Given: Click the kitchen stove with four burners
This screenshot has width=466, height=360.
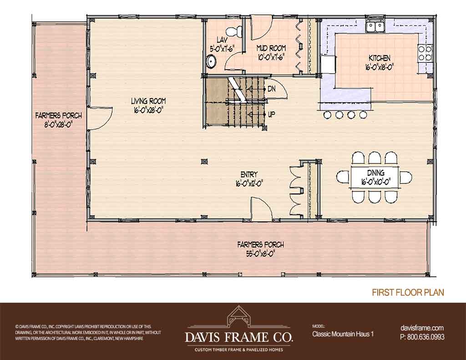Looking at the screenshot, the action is [425, 53].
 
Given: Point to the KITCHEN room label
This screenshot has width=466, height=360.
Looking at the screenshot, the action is [380, 58].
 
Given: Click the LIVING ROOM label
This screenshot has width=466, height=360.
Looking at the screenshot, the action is [148, 101].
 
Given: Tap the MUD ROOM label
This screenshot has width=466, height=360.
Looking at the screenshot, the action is [271, 48].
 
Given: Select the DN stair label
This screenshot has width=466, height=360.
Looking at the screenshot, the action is [271, 89].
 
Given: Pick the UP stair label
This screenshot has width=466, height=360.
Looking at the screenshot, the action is [271, 114].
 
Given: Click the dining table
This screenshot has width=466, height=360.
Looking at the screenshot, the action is [375, 177].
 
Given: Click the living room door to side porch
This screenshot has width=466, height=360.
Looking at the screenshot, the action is [101, 118].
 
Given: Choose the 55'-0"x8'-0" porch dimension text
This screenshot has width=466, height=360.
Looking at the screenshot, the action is [260, 254].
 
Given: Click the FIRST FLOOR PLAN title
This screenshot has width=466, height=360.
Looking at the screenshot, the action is [408, 292].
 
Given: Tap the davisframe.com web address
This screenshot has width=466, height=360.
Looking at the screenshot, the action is [422, 328].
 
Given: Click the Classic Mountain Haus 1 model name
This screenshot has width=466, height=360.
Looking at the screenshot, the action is [343, 334].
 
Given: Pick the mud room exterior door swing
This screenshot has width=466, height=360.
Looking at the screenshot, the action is [262, 29].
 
